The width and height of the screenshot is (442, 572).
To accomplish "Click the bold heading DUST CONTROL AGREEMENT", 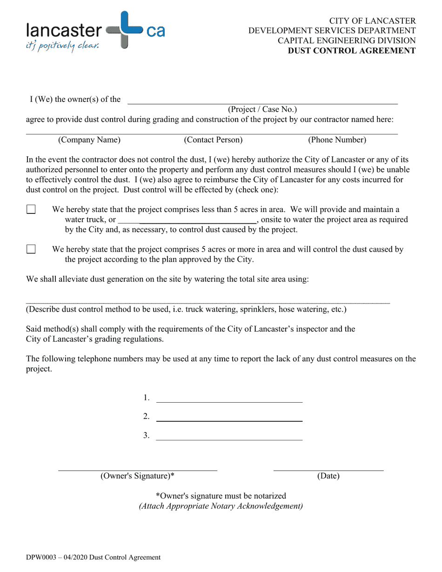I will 351,51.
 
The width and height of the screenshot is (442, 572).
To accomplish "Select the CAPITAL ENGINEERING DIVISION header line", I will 347,40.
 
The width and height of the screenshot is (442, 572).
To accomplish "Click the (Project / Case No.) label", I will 262,109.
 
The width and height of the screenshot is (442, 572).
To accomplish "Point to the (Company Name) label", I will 89,140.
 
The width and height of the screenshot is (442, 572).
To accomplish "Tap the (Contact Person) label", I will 213,140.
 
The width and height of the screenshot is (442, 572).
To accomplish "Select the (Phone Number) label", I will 337,140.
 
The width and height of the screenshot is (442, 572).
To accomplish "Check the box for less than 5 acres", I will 31,209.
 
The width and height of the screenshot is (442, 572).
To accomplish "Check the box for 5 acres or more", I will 31,249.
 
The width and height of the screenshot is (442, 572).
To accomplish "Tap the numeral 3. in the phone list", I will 147,435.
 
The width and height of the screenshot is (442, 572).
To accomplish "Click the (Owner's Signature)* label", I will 137,476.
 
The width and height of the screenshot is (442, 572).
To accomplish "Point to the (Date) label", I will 328,476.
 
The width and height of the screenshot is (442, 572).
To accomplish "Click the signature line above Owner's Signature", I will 137,469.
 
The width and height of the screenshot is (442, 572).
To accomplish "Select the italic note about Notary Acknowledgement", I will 221,506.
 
